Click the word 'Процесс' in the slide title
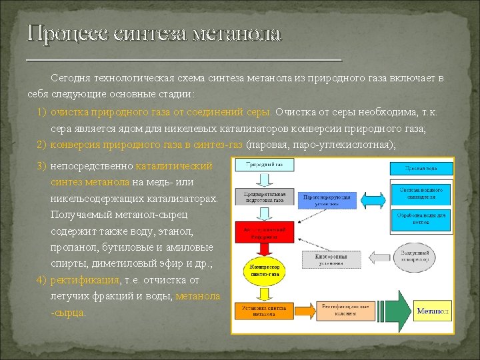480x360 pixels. (x=66, y=33)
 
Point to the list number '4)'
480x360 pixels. (x=42, y=280)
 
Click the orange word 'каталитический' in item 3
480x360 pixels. (x=174, y=166)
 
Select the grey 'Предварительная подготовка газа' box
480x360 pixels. (x=264, y=197)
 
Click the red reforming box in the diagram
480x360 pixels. (x=264, y=232)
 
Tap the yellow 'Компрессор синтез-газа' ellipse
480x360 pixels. (x=265, y=269)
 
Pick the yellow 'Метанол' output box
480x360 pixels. (x=433, y=311)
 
